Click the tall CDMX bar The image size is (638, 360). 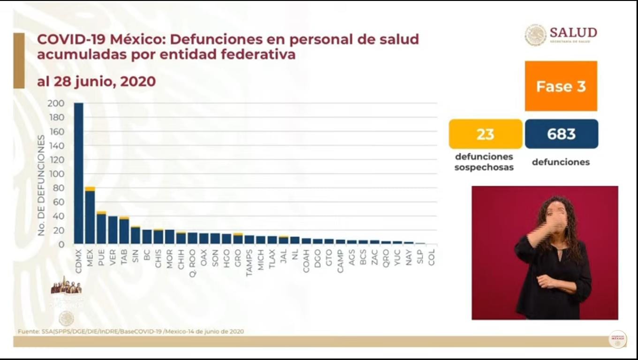click(78, 173)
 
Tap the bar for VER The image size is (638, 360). click(113, 230)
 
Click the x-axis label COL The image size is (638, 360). click(432, 257)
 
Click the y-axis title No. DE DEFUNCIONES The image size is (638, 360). click(41, 185)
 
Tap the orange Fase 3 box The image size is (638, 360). click(561, 86)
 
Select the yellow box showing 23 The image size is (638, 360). click(485, 134)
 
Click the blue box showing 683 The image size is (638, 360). click(561, 134)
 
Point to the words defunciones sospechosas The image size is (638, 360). click(484, 162)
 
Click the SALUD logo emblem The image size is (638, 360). click(535, 35)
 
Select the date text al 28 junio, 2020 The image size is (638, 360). click(96, 82)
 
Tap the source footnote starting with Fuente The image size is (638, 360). click(131, 331)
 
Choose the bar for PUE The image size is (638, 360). click(101, 228)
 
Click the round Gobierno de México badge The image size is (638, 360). click(617, 339)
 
